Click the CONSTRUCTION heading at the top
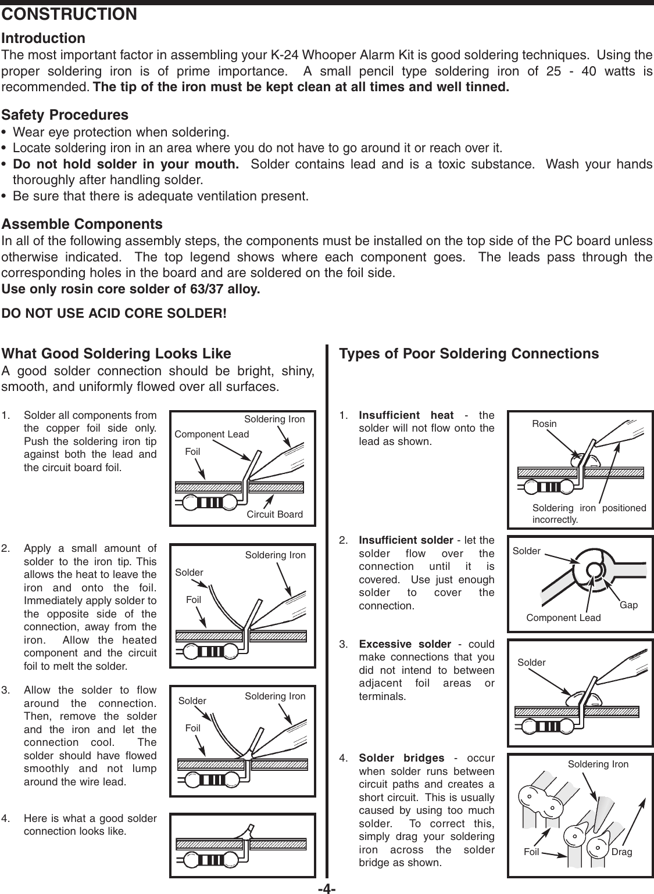[x=70, y=14]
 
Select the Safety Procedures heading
[x=65, y=115]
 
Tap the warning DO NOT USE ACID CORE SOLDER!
[x=115, y=314]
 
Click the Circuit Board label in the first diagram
[x=274, y=514]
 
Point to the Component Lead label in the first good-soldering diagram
[x=212, y=435]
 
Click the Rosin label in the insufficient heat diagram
[x=544, y=424]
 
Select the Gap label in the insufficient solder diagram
[x=628, y=605]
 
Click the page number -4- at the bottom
[x=328, y=888]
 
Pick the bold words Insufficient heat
[x=406, y=415]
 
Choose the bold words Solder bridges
[x=401, y=759]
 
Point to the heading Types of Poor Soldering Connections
[x=469, y=354]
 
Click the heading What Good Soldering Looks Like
[x=117, y=354]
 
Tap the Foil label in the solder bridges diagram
[x=531, y=853]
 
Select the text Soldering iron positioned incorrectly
[x=589, y=514]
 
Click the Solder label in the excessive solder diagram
[x=531, y=663]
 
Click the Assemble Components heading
[x=83, y=224]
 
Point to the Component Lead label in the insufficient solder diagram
[x=563, y=617]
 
